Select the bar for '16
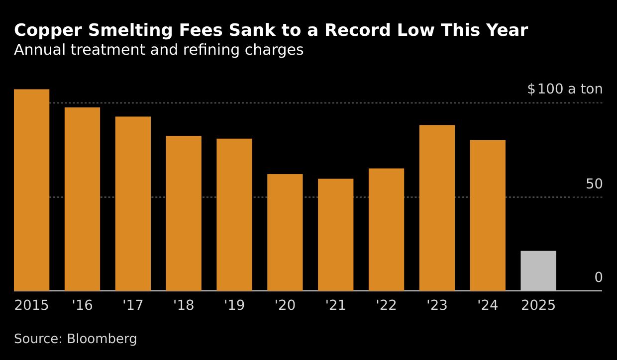pyautogui.click(x=82, y=199)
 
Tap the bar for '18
pyautogui.click(x=184, y=213)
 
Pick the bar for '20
pyautogui.click(x=285, y=232)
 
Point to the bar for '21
pyautogui.click(x=335, y=235)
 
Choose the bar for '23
pyautogui.click(x=437, y=208)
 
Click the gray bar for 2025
pyautogui.click(x=538, y=271)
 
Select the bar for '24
pyautogui.click(x=488, y=215)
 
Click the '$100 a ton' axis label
pyautogui.click(x=565, y=90)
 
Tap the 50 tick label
pyautogui.click(x=594, y=184)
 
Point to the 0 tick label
pyautogui.click(x=598, y=277)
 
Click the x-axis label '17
pyautogui.click(x=133, y=305)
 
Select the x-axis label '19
pyautogui.click(x=234, y=305)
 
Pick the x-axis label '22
pyautogui.click(x=386, y=305)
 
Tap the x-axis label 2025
pyautogui.click(x=538, y=305)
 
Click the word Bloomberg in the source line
pyautogui.click(x=102, y=339)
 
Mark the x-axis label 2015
pyautogui.click(x=31, y=305)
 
